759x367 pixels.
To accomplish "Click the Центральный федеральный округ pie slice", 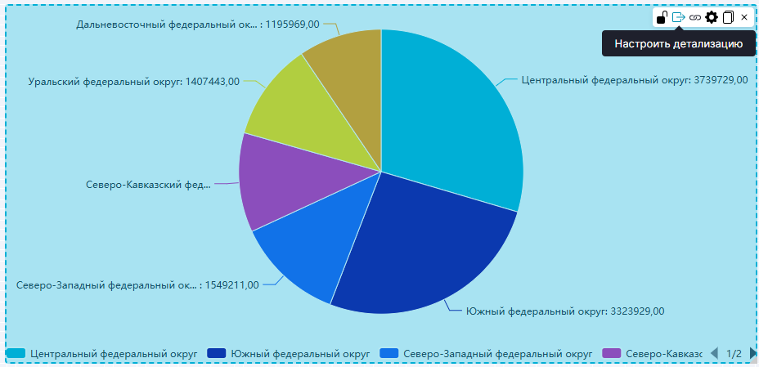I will [x=450, y=114].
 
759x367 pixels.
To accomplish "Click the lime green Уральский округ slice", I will [x=294, y=114].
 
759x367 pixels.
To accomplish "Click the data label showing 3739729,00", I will [x=634, y=81].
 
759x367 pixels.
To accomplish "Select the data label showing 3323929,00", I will [x=565, y=311].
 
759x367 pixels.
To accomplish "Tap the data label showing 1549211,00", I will [x=137, y=285].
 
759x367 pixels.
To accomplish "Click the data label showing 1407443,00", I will [x=134, y=82].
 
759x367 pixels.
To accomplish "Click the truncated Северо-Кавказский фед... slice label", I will [x=148, y=184].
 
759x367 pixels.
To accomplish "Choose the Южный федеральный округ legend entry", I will [x=290, y=353].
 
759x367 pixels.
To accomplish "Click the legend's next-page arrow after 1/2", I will [x=752, y=353].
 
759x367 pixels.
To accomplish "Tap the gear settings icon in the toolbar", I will [x=712, y=17].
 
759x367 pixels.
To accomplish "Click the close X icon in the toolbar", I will [x=744, y=17].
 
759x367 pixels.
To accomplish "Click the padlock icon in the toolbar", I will [x=662, y=17].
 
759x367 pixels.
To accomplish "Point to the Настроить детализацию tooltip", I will [x=678, y=43].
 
